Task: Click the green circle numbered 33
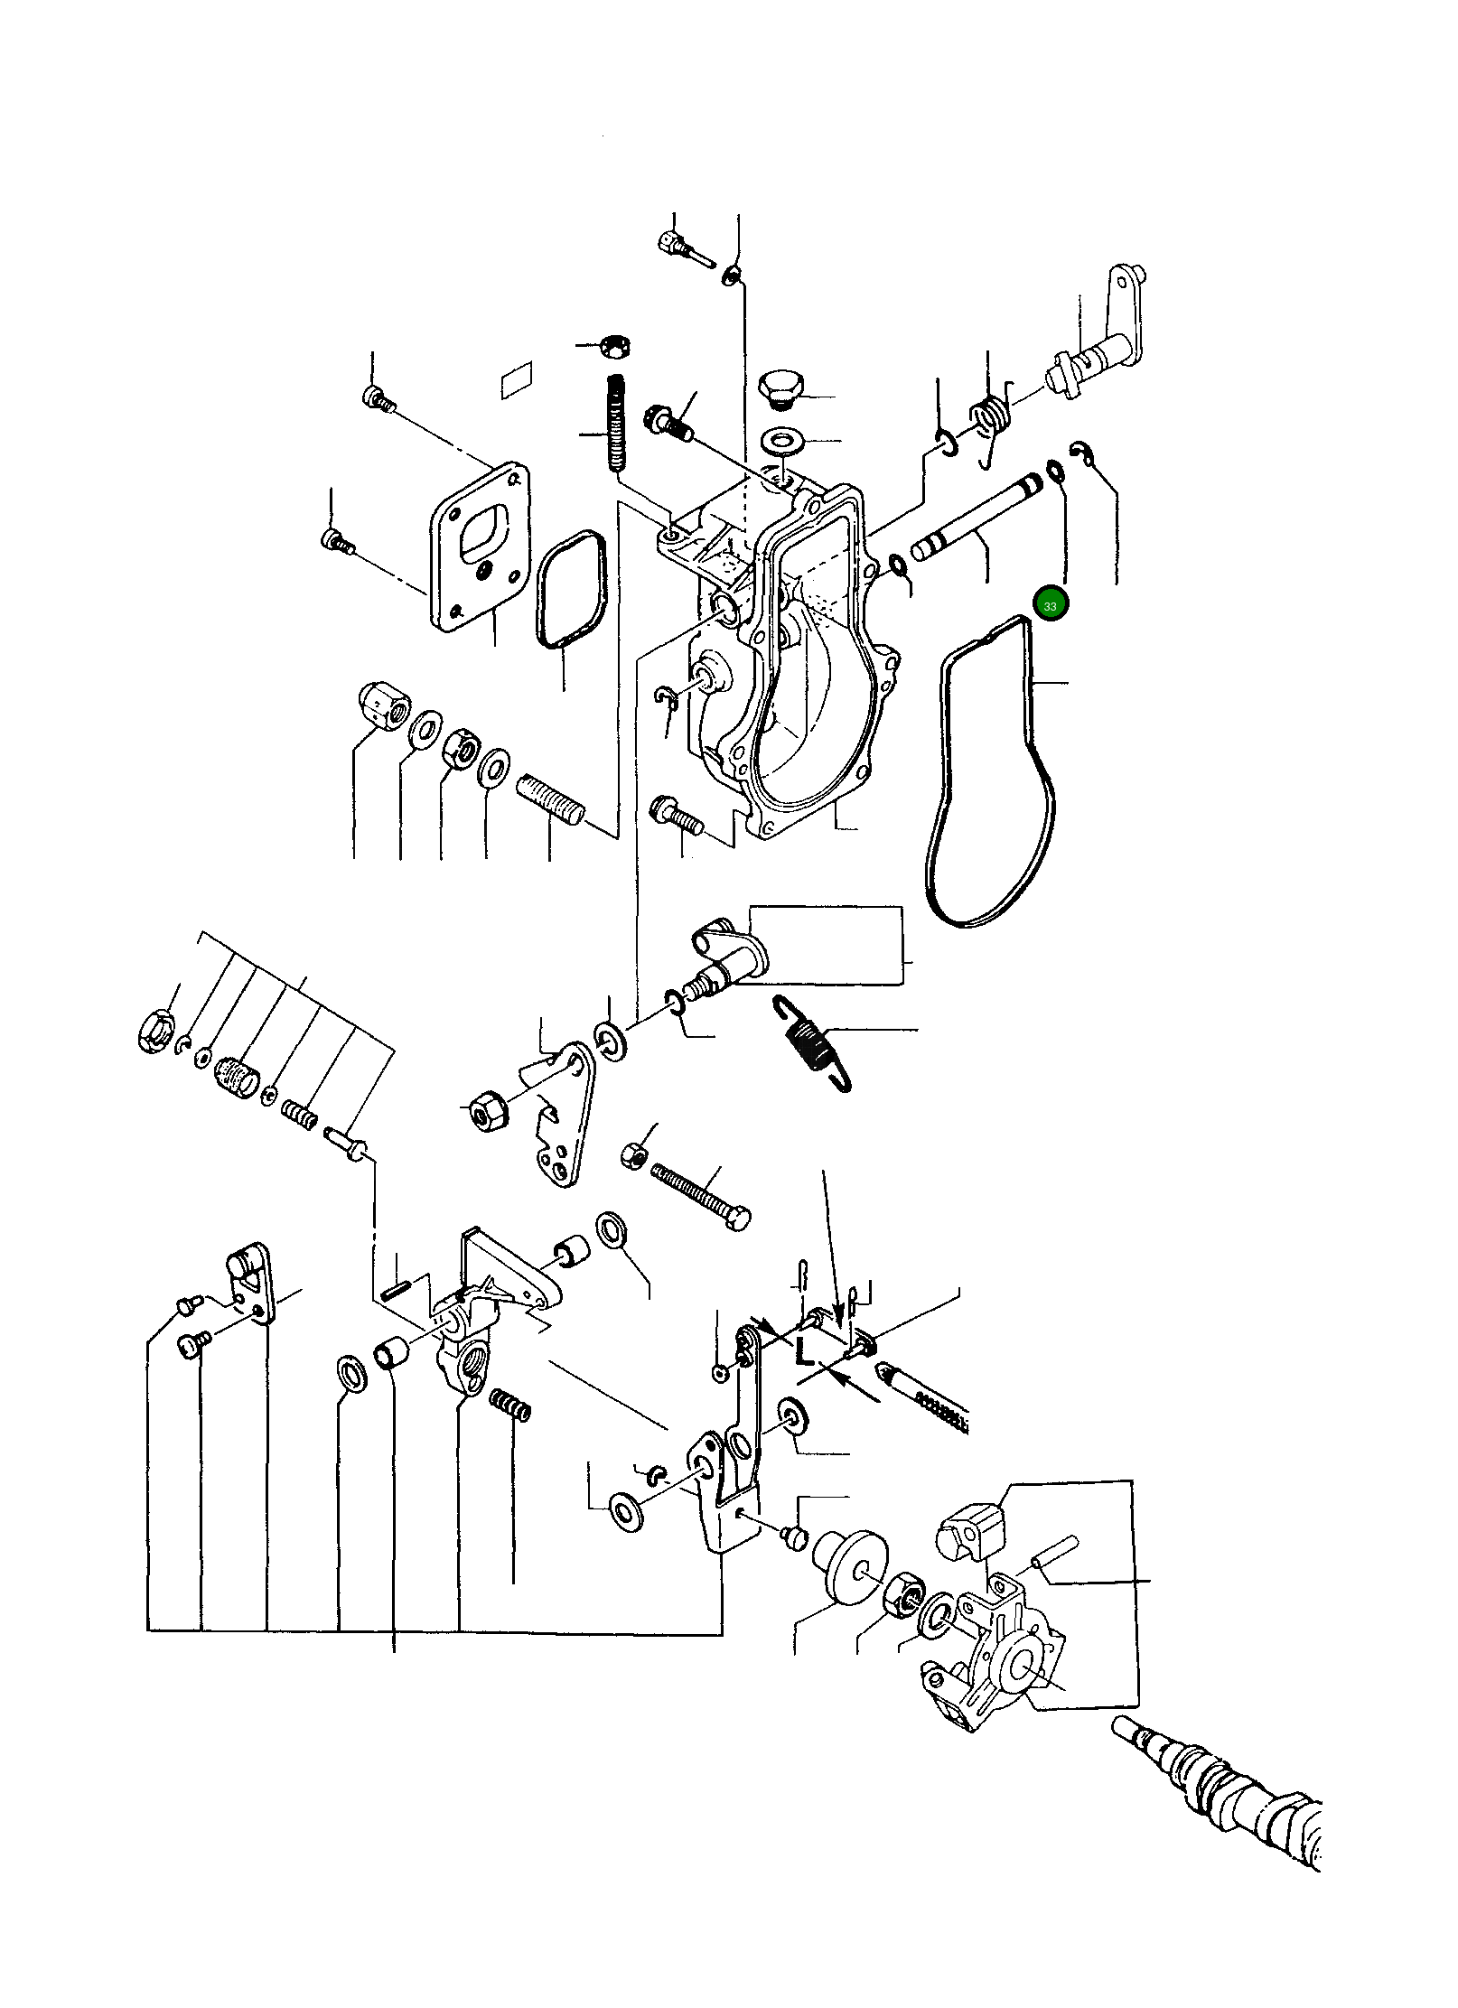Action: (1050, 605)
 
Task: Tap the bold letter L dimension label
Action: (804, 1378)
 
